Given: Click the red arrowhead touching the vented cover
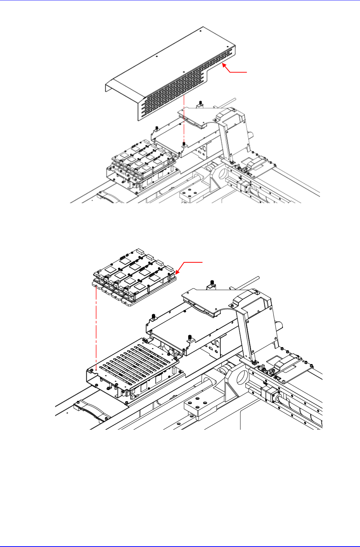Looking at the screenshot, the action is coord(224,65).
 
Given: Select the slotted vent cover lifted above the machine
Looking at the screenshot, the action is coord(170,72).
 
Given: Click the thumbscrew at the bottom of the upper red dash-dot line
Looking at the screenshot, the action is coord(184,144).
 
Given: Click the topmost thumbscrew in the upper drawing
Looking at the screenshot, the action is coord(199,105).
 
